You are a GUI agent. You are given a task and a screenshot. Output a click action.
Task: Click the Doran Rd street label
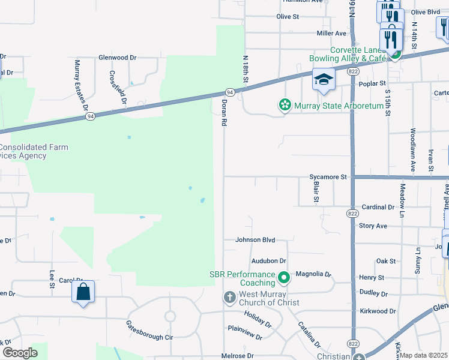(x=223, y=113)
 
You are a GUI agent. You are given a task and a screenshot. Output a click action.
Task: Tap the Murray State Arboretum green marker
(x=285, y=106)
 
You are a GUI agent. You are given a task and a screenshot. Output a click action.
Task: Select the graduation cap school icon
(x=323, y=80)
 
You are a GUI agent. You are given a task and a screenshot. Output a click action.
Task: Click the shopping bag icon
(x=83, y=292)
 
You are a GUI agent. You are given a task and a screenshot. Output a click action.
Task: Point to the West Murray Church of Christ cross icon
(x=229, y=297)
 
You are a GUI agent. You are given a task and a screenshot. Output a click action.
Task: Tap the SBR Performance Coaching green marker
(x=284, y=277)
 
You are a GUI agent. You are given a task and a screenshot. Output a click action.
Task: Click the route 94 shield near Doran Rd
(x=229, y=92)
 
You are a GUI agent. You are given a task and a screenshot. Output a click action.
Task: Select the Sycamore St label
(x=328, y=177)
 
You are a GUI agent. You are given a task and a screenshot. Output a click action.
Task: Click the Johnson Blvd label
(x=255, y=240)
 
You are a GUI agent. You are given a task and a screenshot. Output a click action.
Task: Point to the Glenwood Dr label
(x=118, y=58)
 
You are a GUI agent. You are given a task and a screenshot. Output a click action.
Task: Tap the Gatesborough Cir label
(x=149, y=330)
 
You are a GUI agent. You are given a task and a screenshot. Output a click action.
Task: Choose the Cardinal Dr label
(x=378, y=207)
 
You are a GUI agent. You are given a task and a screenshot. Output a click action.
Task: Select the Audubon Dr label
(x=269, y=261)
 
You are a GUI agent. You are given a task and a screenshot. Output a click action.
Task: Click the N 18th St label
(x=246, y=70)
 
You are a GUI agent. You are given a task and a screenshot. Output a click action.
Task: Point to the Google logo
(x=20, y=353)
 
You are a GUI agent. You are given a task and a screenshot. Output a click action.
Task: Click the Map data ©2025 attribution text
(x=424, y=355)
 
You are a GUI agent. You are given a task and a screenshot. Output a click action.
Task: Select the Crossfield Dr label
(x=118, y=88)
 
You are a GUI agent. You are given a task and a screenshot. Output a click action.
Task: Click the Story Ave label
(x=373, y=226)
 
